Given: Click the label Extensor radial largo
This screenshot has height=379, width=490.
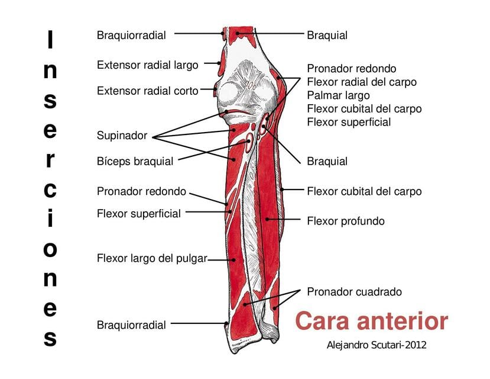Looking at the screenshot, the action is pos(148,65).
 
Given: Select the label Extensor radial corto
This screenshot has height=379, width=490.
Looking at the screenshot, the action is pos(148,91).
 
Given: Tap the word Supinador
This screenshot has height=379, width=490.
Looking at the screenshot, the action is pos(122,136).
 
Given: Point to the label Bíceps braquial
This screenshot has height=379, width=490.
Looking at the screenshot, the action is pos(135,162).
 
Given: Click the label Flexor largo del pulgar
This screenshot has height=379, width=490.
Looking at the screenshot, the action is pos(152,259).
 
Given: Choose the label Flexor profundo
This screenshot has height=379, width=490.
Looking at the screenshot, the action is pos(346,221).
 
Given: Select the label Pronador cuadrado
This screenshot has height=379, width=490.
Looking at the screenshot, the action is pos(355,292).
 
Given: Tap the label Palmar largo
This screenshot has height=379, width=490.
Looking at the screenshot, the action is pos(339,95).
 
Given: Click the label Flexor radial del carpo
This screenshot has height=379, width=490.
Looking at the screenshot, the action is pos(362,82).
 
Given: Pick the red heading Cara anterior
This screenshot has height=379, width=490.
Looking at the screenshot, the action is pos(372,321).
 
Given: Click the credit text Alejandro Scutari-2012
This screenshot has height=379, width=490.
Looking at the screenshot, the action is pos(377,345).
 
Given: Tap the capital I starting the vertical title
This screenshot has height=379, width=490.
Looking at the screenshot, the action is pos(50,39).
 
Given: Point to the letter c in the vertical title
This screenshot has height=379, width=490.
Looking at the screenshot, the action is pos(50,190).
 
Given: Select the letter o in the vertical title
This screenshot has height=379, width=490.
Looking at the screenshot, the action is pos(50,249).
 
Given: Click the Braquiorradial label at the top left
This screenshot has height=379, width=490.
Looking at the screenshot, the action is pos(131,36).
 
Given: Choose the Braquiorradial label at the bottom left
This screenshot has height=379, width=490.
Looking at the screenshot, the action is pos(131,325).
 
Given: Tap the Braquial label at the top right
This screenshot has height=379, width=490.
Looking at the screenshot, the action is pos(327,36).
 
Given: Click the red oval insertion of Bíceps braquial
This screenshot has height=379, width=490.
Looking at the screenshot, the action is pos(249,143).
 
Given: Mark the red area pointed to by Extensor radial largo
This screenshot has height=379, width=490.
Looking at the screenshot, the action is pos(220,63).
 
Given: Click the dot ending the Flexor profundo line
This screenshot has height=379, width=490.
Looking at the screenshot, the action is pos(267,219).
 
